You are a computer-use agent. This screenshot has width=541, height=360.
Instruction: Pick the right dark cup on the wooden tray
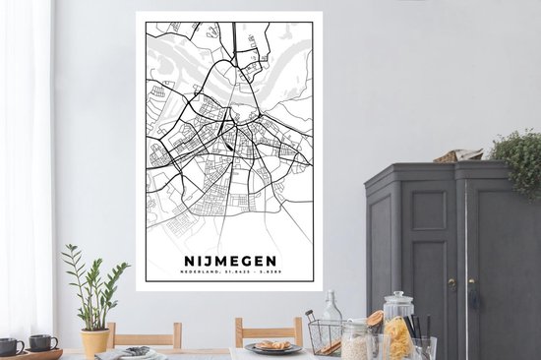42,342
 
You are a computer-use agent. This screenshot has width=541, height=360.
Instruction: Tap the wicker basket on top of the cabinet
459,155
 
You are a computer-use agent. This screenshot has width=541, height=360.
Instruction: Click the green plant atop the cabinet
518,157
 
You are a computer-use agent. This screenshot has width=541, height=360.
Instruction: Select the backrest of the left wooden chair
146,334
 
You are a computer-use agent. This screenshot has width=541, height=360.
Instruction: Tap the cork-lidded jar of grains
357,342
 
